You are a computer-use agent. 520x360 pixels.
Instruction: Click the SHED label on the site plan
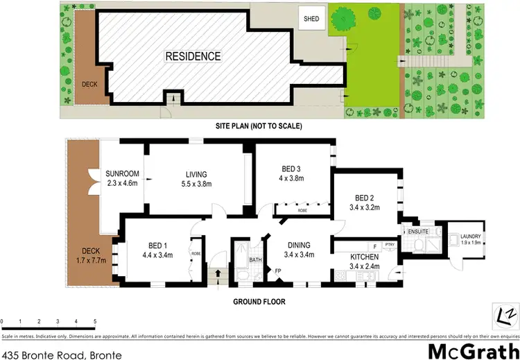pyautogui.click(x=311, y=19)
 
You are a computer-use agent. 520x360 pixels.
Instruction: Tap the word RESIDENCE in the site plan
pyautogui.click(x=193, y=56)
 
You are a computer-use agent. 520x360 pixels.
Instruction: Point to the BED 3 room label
pyautogui.click(x=291, y=173)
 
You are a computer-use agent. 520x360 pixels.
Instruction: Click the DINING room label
pyautogui.click(x=295, y=250)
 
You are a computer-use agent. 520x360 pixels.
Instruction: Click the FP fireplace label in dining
pyautogui.click(x=278, y=271)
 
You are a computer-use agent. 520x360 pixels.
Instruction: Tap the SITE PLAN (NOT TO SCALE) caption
pyautogui.click(x=259, y=126)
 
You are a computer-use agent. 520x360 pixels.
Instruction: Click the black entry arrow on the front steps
pyautogui.click(x=220, y=273)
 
